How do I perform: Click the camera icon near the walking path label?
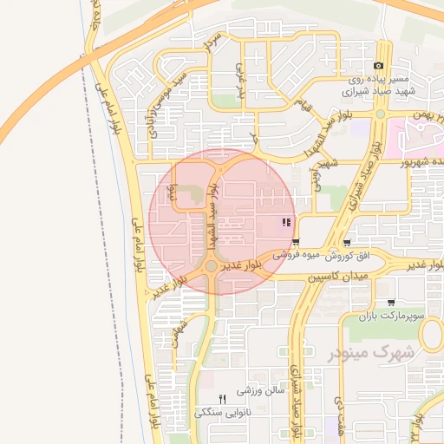tap(378, 66)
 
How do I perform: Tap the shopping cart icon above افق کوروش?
tap(348, 243)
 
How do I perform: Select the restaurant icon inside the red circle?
tap(285, 224)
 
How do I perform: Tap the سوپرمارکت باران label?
tap(393, 317)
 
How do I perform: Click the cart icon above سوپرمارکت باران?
tap(390, 303)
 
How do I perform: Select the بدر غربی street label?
tap(242, 79)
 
